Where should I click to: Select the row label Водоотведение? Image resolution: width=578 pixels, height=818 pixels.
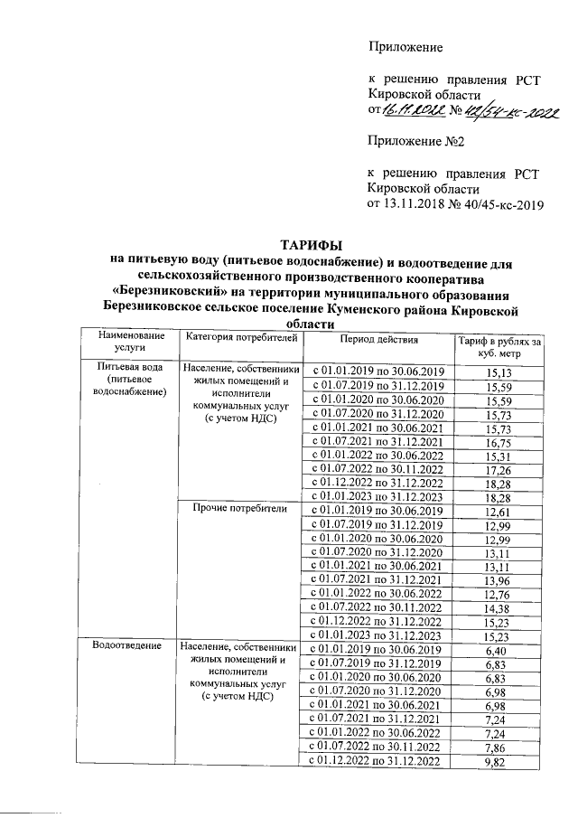click(126, 646)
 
